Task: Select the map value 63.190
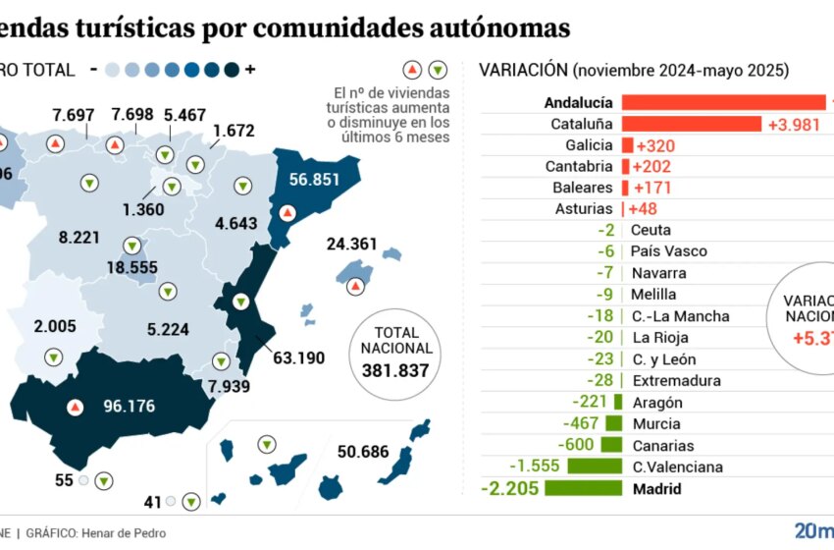pyautogui.click(x=298, y=357)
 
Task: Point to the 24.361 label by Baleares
pyautogui.click(x=354, y=244)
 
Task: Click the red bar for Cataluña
pyautogui.click(x=691, y=124)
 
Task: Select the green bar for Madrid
pyautogui.click(x=583, y=488)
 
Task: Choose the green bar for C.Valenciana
pyautogui.click(x=595, y=467)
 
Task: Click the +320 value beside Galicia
pyautogui.click(x=653, y=145)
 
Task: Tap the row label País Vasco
pyautogui.click(x=669, y=251)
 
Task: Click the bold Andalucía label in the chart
pyautogui.click(x=579, y=102)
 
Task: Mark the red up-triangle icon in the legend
pyautogui.click(x=413, y=70)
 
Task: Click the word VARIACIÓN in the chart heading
pyautogui.click(x=523, y=70)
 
